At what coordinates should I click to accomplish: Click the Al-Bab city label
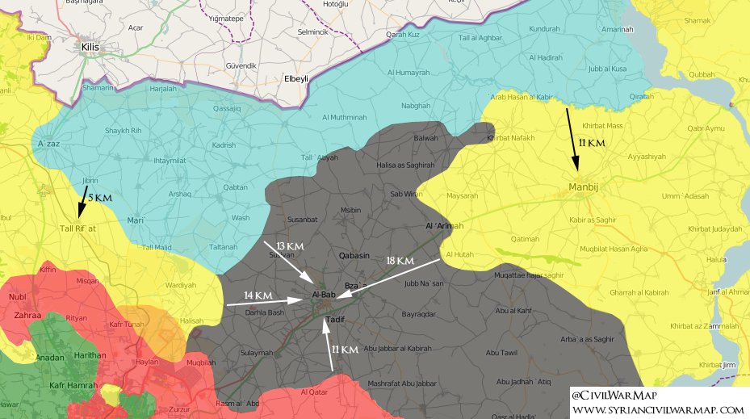[324, 295]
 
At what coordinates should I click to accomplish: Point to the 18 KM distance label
[400, 261]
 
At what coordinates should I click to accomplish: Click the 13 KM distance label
[289, 245]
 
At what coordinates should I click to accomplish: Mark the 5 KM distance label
[100, 198]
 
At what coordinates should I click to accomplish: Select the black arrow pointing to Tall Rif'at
[83, 202]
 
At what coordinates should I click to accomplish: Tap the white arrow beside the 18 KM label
[388, 279]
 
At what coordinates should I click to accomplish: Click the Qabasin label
[354, 255]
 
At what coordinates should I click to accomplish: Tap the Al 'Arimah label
[444, 226]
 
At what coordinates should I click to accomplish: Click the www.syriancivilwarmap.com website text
[657, 410]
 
